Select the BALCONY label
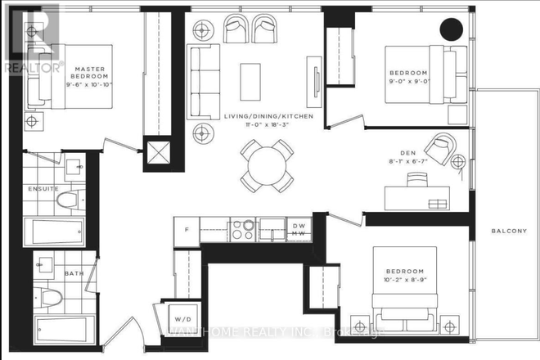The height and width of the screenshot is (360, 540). click(x=508, y=232)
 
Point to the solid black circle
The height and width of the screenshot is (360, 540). click(x=450, y=30)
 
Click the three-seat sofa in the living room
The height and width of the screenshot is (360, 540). click(x=200, y=72)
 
